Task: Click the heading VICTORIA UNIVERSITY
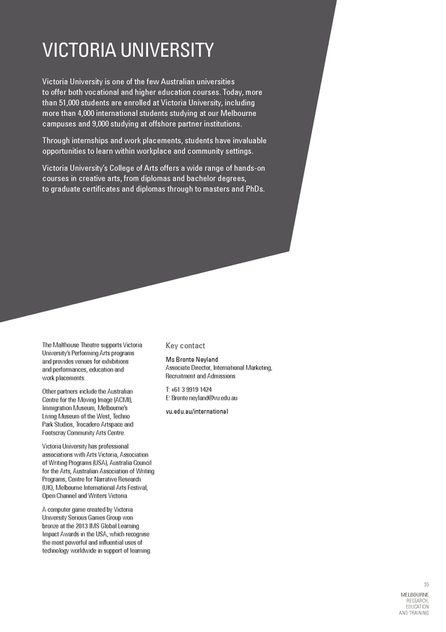coord(128,51)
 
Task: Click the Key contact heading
coord(185,345)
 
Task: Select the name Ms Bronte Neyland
coord(191,360)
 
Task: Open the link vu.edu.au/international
coord(196,411)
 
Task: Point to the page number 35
coord(426,584)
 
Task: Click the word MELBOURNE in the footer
coord(414,594)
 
